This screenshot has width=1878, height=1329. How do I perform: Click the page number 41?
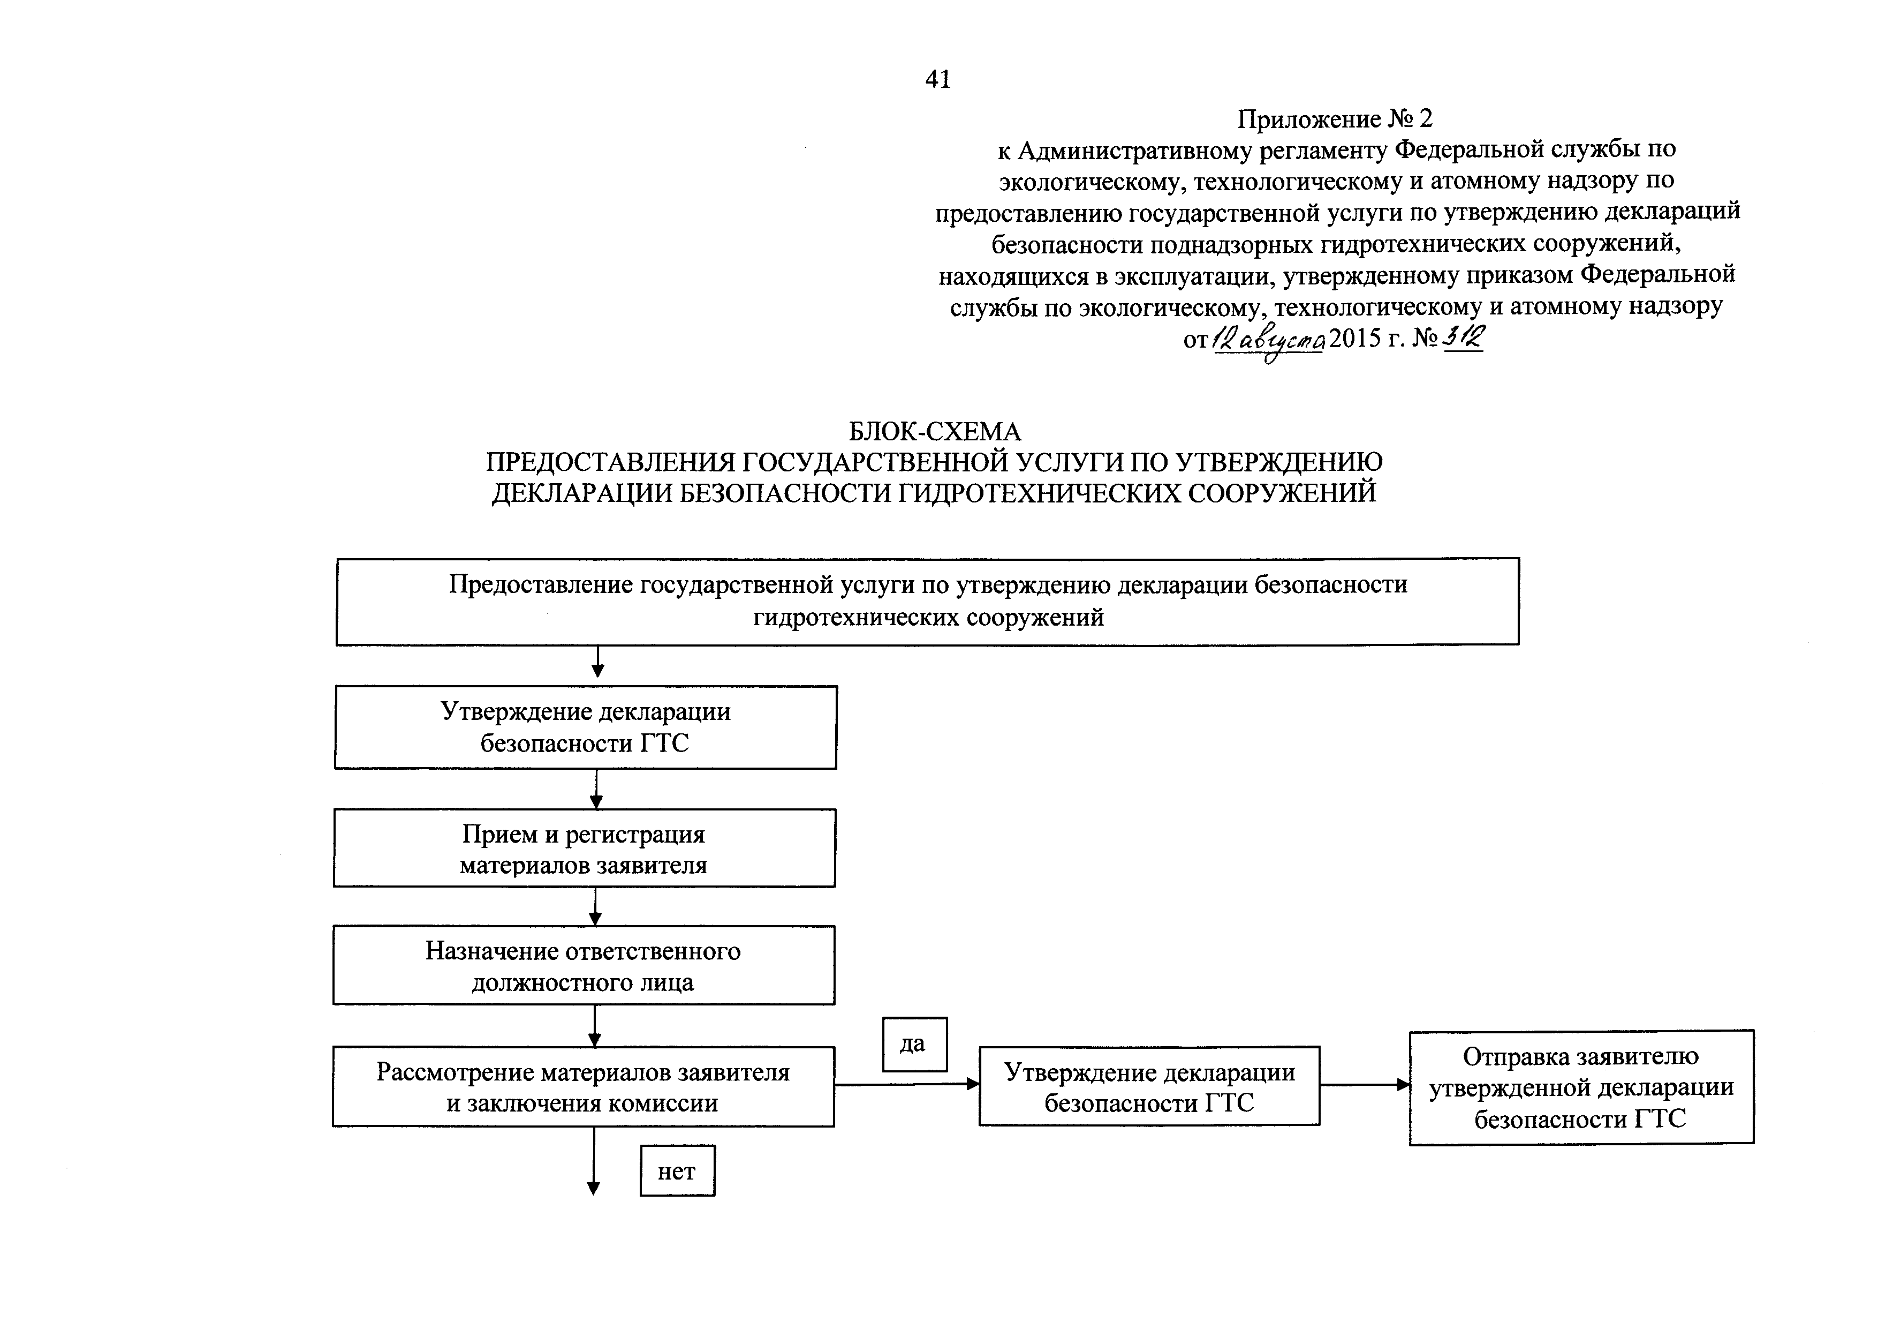[938, 79]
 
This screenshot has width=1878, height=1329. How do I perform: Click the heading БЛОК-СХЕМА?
[934, 431]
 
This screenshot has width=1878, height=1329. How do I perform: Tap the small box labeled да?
[914, 1044]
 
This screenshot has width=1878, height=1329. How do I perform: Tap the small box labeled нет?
[677, 1170]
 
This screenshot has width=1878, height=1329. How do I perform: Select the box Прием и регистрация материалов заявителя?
[584, 848]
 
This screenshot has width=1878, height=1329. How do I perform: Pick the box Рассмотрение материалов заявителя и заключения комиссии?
[583, 1087]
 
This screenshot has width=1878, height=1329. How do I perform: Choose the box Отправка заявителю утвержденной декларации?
[1581, 1087]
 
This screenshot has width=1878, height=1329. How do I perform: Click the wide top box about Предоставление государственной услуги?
[928, 602]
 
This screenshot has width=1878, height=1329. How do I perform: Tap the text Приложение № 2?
[1334, 119]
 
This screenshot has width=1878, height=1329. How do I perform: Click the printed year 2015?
[1354, 338]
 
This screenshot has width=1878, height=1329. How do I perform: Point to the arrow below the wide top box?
[598, 661]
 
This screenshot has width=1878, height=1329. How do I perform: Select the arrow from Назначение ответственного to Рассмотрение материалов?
[595, 1025]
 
